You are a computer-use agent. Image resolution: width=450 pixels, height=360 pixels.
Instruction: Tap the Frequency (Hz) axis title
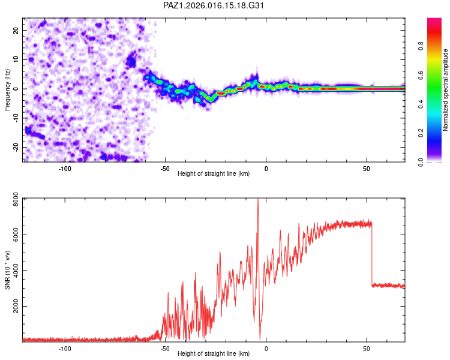pyautogui.click(x=7, y=90)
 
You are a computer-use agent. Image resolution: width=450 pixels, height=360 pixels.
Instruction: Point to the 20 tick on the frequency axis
pyautogui.click(x=16, y=30)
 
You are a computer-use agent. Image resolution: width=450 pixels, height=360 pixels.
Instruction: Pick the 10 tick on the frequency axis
pyautogui.click(x=16, y=59)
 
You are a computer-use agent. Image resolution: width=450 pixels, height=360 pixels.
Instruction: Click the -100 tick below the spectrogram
pyautogui.click(x=65, y=169)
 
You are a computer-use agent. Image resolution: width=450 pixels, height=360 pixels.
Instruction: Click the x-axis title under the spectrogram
pyautogui.click(x=214, y=174)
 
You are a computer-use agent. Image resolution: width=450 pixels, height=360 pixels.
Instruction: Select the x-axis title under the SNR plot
pyautogui.click(x=214, y=354)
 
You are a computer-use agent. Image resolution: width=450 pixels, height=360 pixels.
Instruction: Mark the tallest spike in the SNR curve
pyautogui.click(x=258, y=200)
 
